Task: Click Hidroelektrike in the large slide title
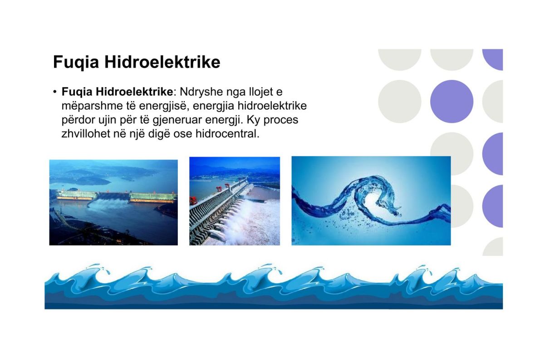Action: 162,62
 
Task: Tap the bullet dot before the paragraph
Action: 55,92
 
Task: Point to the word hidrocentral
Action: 227,133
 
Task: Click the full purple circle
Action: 452,102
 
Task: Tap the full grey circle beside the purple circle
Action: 399,102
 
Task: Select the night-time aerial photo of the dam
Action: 113,202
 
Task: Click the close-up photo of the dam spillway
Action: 235,201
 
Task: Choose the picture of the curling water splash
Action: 371,201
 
